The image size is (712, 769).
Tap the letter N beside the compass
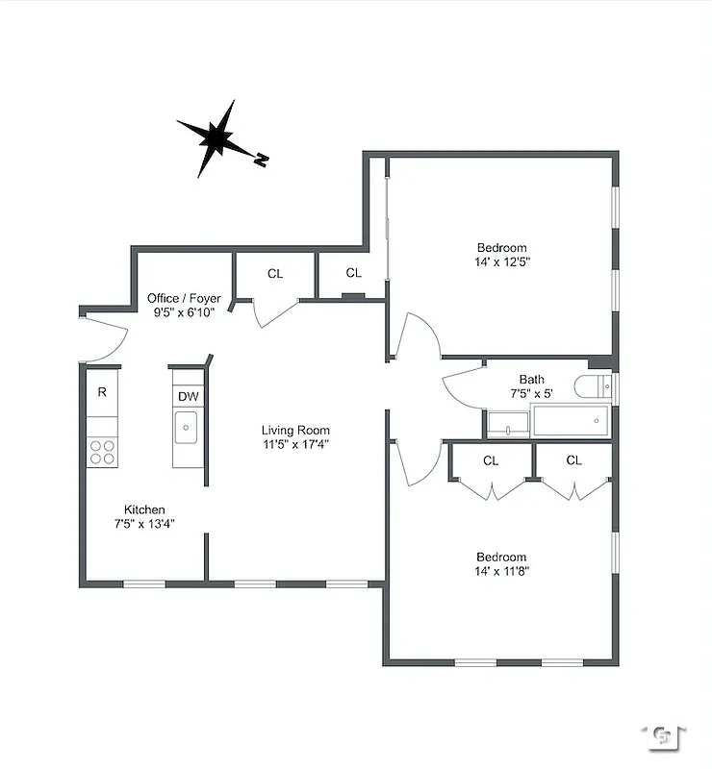click(260, 161)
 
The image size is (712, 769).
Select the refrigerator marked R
click(102, 393)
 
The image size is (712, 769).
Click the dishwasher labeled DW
click(188, 396)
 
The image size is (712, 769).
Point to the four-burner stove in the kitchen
click(102, 452)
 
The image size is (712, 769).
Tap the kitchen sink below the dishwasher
click(187, 426)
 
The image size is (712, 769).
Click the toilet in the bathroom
click(592, 386)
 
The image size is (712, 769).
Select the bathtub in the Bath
click(571, 421)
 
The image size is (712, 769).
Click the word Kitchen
click(144, 509)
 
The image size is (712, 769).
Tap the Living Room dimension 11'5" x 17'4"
click(296, 445)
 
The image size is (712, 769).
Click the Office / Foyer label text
click(184, 298)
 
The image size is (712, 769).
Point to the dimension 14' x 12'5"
click(502, 261)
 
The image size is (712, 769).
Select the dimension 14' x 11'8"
click(502, 571)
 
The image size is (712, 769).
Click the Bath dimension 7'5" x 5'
click(531, 393)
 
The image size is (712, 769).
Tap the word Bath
click(531, 380)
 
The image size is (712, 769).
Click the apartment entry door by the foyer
click(104, 336)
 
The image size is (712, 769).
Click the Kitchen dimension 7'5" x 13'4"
click(144, 524)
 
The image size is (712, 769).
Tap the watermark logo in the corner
click(663, 736)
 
